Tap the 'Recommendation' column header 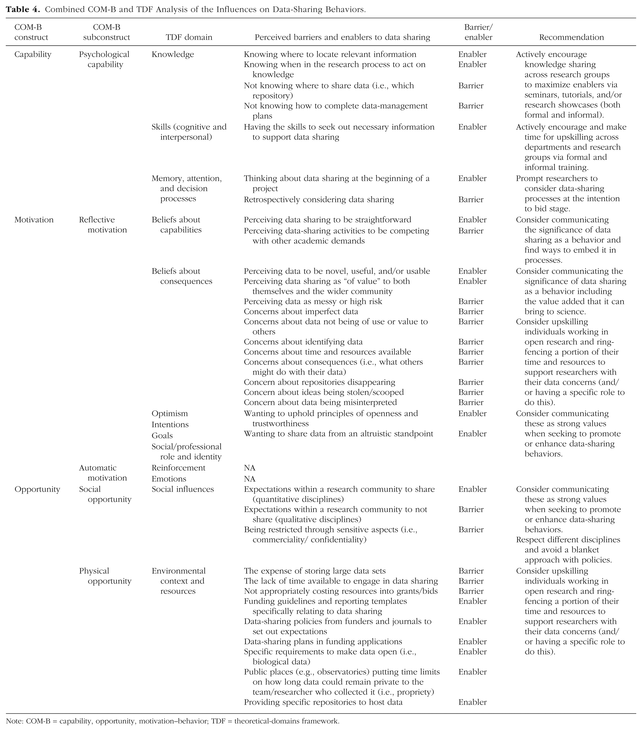click(x=571, y=37)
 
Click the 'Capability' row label click(x=33, y=54)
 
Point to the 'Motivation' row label click(x=34, y=220)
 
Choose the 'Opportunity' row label click(x=37, y=489)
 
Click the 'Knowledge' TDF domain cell click(x=173, y=54)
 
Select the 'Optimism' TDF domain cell click(x=169, y=413)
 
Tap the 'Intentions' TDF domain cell click(x=170, y=424)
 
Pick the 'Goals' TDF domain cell click(x=162, y=436)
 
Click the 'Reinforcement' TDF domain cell click(x=178, y=468)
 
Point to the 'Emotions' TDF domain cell click(x=169, y=479)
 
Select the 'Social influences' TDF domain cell click(x=183, y=489)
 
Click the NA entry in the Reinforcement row click(x=250, y=468)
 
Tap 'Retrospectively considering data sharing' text click(x=319, y=200)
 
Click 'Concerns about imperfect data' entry click(x=301, y=311)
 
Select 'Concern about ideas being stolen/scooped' click(x=324, y=392)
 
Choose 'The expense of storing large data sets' click(x=315, y=571)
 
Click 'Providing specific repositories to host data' click(x=323, y=702)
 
